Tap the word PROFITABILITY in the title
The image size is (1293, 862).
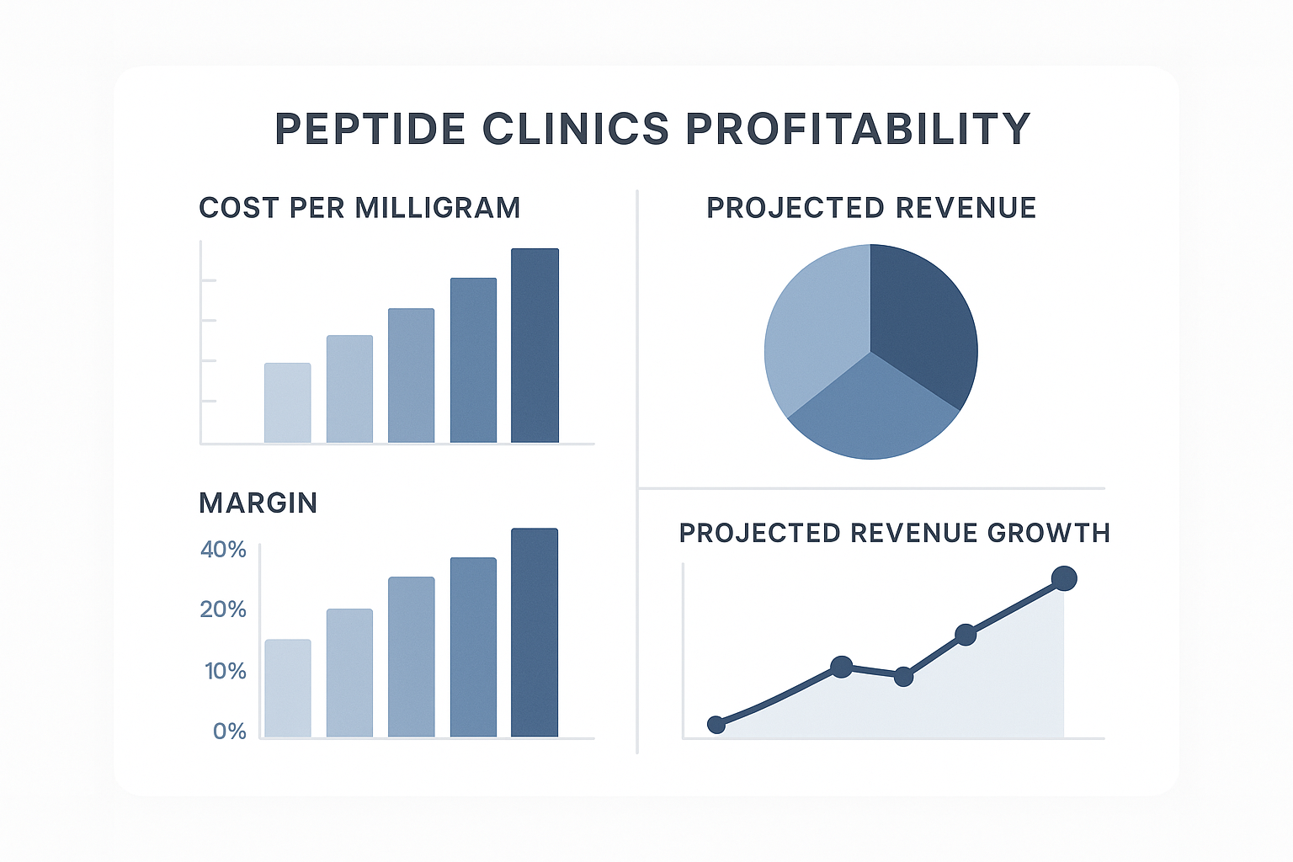click(x=858, y=129)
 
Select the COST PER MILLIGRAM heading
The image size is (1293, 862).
click(x=359, y=208)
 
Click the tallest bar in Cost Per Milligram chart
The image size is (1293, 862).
click(x=535, y=345)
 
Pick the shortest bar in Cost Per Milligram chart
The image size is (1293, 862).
click(x=288, y=402)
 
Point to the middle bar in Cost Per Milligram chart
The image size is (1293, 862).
click(x=411, y=375)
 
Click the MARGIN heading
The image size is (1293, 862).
click(x=258, y=503)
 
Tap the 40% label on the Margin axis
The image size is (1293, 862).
click(x=223, y=550)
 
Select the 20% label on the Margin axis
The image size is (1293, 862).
click(x=223, y=609)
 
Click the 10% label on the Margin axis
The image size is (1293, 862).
click(x=226, y=671)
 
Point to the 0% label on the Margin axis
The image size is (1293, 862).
click(x=229, y=731)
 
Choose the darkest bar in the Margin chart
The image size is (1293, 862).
click(x=535, y=633)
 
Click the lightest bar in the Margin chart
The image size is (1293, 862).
click(x=288, y=689)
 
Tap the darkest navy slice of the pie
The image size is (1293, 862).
click(x=922, y=320)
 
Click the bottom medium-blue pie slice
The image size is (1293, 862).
click(x=872, y=412)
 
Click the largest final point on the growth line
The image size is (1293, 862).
click(x=1064, y=578)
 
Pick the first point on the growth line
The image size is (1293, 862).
click(x=716, y=725)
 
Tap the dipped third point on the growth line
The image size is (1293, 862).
click(x=903, y=677)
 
